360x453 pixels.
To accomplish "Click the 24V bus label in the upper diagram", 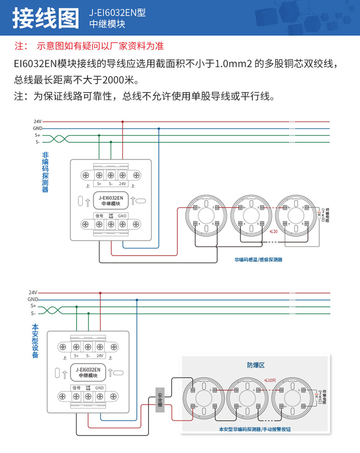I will point(38,121).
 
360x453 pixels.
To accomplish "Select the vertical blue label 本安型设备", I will point(35,341).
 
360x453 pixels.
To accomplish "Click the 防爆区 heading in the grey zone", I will point(255,365).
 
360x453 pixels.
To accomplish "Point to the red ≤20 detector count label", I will point(274,231).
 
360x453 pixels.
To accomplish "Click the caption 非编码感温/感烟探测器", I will point(258,260).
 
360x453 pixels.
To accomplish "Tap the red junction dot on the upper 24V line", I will point(123,121).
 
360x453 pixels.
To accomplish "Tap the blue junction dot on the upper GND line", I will point(159,128).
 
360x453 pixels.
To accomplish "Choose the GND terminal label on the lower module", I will point(100,388).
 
